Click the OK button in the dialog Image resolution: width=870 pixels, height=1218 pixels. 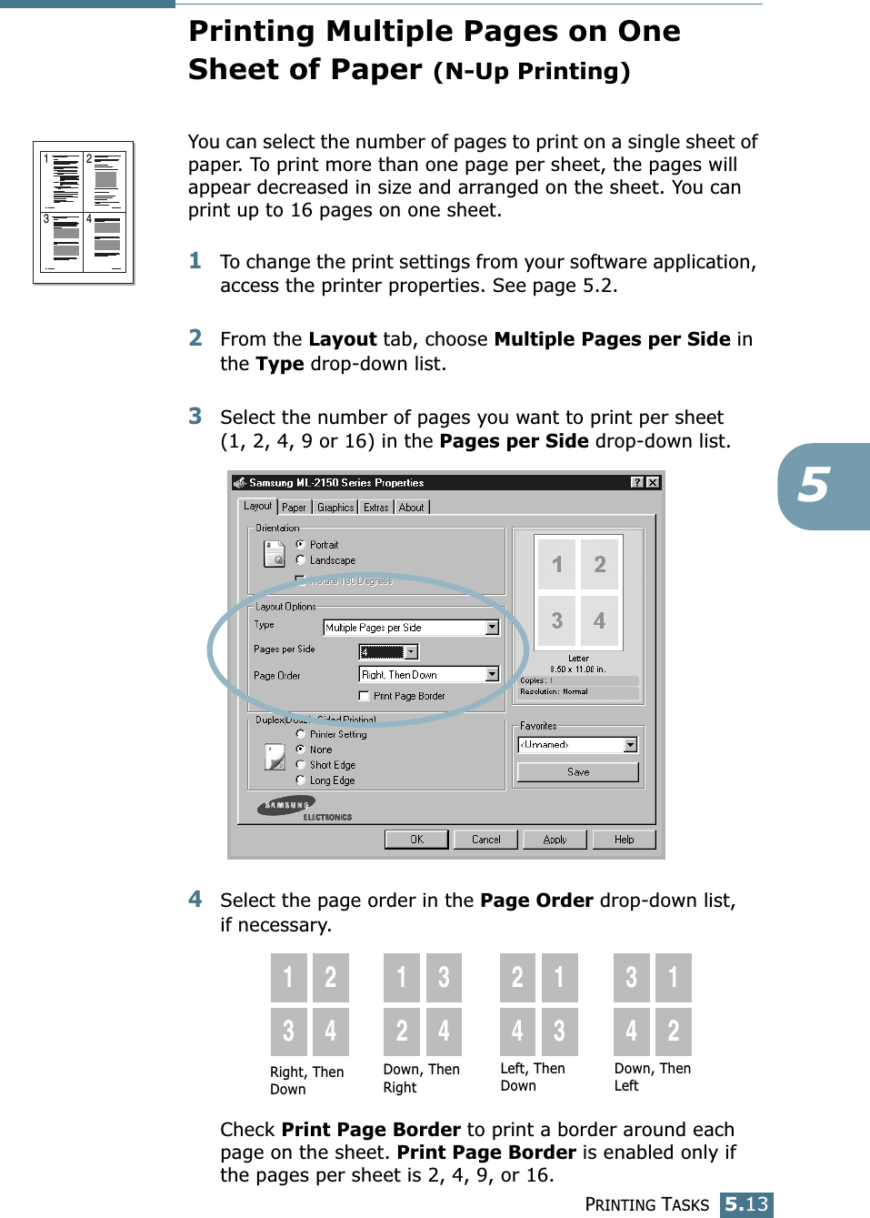coord(416,839)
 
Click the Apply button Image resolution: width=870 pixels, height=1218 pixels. coord(555,839)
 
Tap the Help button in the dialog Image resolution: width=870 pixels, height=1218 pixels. coord(624,839)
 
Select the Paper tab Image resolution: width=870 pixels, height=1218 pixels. coord(294,508)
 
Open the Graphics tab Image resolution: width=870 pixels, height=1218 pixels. coord(335,508)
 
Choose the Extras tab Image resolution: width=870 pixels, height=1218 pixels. coord(375,508)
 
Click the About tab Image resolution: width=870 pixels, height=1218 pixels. coord(411,508)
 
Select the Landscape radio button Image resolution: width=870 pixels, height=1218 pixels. coord(301,560)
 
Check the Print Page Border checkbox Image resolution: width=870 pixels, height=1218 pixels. coord(365,696)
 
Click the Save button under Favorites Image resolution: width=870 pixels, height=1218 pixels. coord(578,771)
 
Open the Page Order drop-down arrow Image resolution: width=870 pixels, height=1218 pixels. coord(492,674)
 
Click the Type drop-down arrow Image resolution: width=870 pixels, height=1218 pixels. coord(492,628)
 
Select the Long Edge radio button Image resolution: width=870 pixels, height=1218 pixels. coord(301,780)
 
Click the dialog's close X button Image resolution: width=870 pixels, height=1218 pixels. coord(653,482)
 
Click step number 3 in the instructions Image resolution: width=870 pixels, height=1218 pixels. coord(195,417)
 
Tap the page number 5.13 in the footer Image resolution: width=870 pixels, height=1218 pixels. coord(747,1204)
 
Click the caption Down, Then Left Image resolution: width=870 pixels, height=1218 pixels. coord(652,1077)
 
